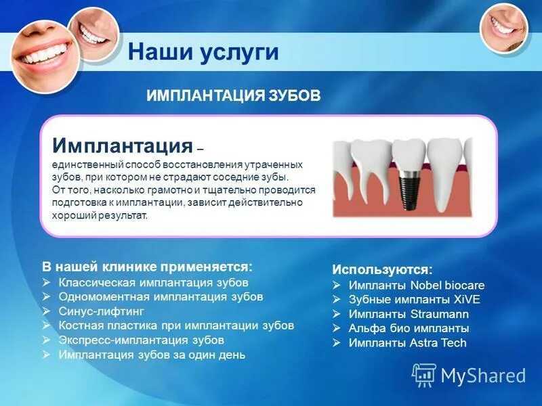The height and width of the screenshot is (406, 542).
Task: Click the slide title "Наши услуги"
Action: click(203, 52)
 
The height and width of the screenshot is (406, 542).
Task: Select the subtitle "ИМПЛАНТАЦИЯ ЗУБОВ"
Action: click(233, 96)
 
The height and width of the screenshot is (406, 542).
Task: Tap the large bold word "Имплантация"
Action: click(123, 145)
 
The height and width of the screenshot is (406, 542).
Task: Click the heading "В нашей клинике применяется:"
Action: click(148, 267)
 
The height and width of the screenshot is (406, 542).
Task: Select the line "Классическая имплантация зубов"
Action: click(153, 281)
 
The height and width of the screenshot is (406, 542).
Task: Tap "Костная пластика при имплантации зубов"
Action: click(176, 325)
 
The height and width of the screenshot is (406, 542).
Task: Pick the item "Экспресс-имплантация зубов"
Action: click(141, 340)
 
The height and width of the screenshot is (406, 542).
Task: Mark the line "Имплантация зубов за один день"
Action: click(152, 355)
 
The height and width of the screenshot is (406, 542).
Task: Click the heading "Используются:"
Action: click(382, 269)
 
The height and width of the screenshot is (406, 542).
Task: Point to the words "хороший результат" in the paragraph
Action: click(98, 215)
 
